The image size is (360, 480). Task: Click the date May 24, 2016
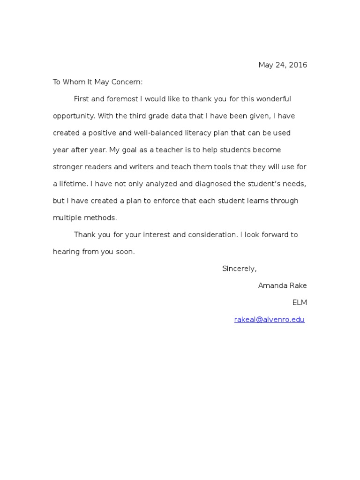(283, 65)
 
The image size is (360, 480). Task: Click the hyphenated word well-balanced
(156, 133)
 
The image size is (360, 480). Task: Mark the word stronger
(68, 167)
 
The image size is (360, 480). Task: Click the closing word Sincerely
(239, 269)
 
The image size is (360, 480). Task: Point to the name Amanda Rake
(283, 285)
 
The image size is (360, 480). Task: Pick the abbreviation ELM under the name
(300, 302)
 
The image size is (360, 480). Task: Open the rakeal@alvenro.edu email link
(269, 320)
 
